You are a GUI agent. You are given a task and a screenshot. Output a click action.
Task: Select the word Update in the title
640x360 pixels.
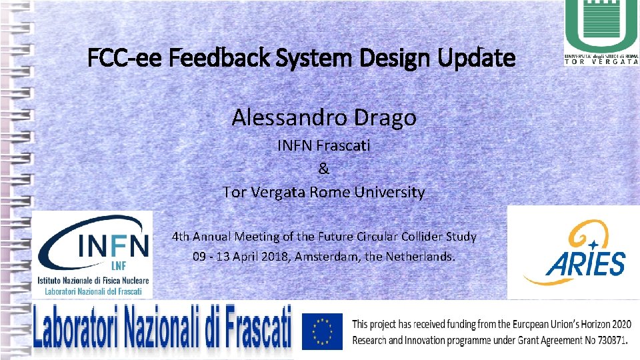click(477, 58)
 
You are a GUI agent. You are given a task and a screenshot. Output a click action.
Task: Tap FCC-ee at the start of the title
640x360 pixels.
click(125, 58)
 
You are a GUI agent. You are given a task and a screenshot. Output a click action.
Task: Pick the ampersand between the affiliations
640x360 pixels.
click(324, 169)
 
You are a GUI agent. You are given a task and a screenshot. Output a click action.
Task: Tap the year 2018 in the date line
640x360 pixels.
click(265, 256)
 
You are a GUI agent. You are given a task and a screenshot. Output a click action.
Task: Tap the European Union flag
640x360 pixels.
click(322, 331)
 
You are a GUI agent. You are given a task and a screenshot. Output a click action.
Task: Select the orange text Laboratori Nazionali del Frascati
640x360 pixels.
click(94, 291)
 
